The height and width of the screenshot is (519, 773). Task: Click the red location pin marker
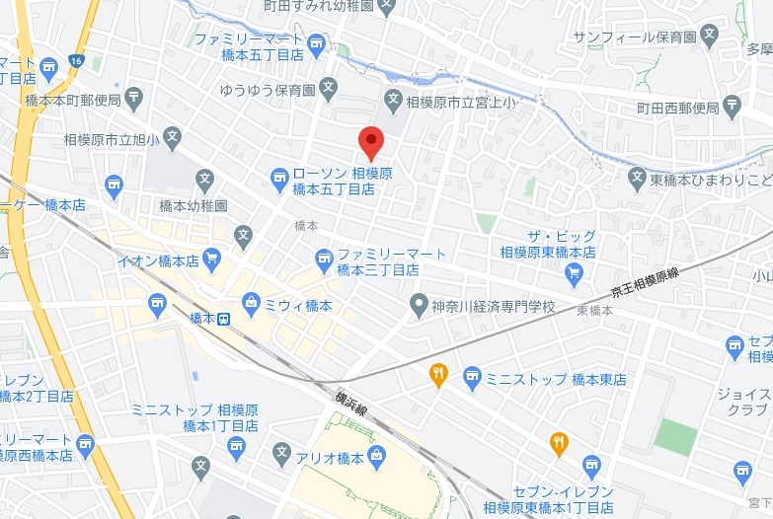point(370,141)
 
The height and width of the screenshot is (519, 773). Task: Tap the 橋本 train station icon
point(224,318)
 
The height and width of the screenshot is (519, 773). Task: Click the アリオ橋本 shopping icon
point(376,456)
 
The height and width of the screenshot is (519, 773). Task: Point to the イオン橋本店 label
point(159,260)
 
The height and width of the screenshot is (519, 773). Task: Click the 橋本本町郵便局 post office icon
point(134,98)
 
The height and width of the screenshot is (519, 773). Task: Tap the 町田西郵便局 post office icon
point(732,105)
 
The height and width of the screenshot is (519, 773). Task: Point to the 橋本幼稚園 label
point(193,206)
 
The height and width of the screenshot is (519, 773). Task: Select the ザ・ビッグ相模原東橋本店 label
point(548,245)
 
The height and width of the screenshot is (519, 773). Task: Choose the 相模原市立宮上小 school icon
point(393,101)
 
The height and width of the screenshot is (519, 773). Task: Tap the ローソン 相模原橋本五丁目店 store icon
point(280,178)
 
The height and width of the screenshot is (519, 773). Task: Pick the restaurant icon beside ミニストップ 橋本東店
point(439,374)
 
